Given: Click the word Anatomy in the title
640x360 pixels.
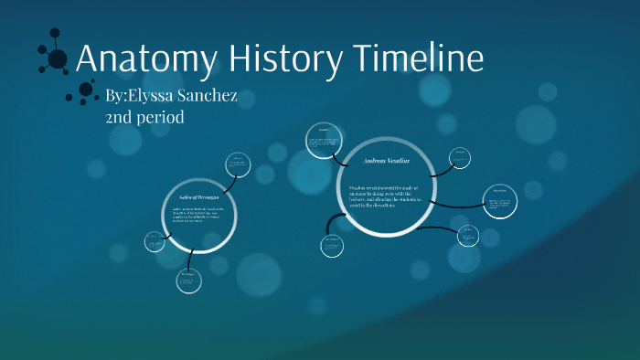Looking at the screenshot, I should pos(146,59).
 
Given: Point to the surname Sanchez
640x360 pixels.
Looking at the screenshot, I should pos(216,96).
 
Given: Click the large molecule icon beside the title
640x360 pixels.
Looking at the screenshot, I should pos(54,57).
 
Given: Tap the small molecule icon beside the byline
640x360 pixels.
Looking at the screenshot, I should pos(85,92).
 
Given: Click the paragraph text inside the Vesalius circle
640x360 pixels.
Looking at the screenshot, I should pos(384,196).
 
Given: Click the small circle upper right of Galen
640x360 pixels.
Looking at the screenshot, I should pos(238,164).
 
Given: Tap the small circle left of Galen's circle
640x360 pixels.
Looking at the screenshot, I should pos(154,242).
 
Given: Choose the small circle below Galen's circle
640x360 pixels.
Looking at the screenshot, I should pos(188,280).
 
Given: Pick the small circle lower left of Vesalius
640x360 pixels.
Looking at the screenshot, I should pos(332,245).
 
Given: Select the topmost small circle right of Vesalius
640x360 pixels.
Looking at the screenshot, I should pos(462,158).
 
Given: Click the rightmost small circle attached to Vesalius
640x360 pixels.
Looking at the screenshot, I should pos(501,203).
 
